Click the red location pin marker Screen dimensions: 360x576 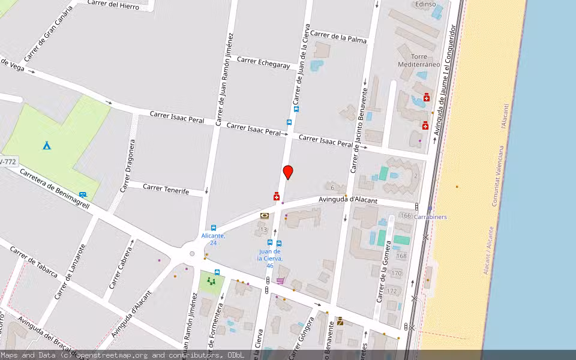click(x=288, y=172)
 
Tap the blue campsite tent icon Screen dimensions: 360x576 click(x=46, y=145)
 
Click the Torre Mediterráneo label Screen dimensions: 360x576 click(x=419, y=61)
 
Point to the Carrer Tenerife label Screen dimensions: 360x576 click(x=166, y=189)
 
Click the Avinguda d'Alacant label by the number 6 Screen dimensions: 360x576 click(x=347, y=199)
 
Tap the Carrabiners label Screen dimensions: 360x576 click(x=430, y=217)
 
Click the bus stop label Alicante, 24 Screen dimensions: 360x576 click(x=213, y=239)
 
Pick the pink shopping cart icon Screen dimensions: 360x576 click(x=280, y=281)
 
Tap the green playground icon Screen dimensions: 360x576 click(x=211, y=280)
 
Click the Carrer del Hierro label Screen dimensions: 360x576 click(x=113, y=5)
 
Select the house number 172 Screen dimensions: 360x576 click(x=392, y=291)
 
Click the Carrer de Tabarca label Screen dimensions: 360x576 click(x=34, y=262)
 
